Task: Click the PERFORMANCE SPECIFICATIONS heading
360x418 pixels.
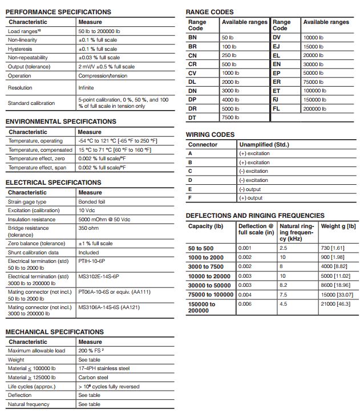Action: [58, 12]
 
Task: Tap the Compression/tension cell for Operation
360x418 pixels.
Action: [103, 76]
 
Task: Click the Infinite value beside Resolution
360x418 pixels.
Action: [86, 88]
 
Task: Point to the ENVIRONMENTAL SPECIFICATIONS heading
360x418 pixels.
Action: [60, 121]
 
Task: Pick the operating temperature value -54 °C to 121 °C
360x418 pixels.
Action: [118, 141]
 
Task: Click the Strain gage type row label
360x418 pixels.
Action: [27, 202]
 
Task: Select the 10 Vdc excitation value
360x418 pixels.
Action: [86, 210]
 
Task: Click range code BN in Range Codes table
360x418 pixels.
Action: [192, 37]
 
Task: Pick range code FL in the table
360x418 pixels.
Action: [277, 108]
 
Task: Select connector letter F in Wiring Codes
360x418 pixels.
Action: [190, 198]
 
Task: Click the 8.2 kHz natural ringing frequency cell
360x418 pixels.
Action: [284, 285]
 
